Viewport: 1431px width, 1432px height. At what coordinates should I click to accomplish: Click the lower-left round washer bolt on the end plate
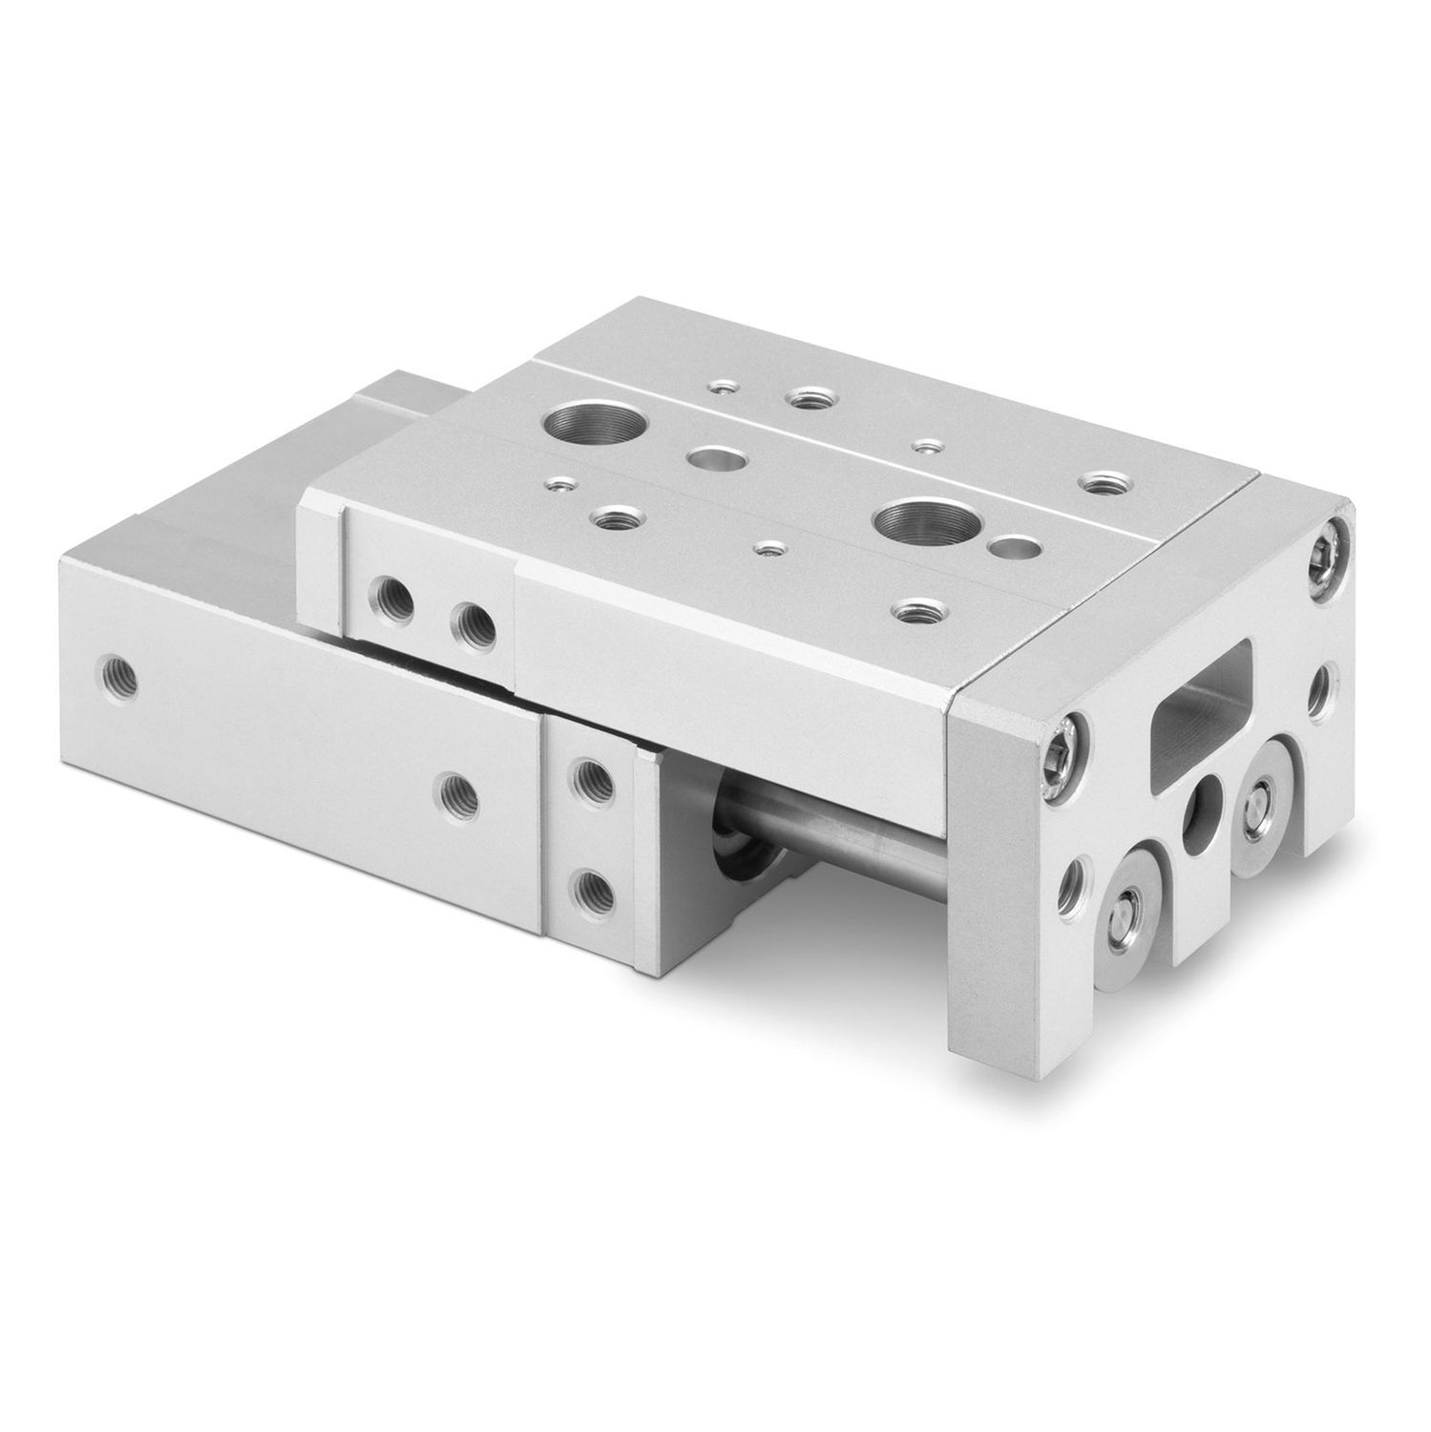[1134, 899]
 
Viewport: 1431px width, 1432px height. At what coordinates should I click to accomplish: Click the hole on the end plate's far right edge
[1321, 685]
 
